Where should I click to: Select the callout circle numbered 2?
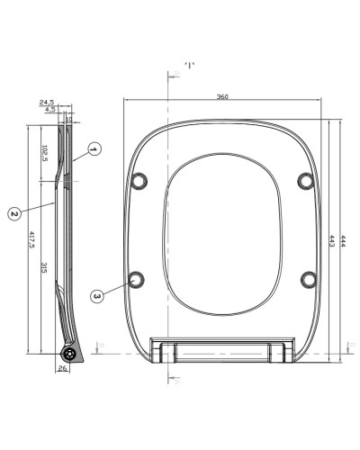pyautogui.click(x=13, y=213)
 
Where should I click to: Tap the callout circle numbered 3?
pyautogui.click(x=97, y=293)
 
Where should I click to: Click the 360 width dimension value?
pyautogui.click(x=221, y=95)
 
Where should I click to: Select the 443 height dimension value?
pyautogui.click(x=333, y=240)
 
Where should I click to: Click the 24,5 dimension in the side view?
pyautogui.click(x=48, y=103)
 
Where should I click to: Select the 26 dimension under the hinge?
pyautogui.click(x=62, y=367)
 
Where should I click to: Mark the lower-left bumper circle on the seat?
pyautogui.click(x=138, y=277)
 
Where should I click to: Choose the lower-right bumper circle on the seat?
pyautogui.click(x=307, y=277)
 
